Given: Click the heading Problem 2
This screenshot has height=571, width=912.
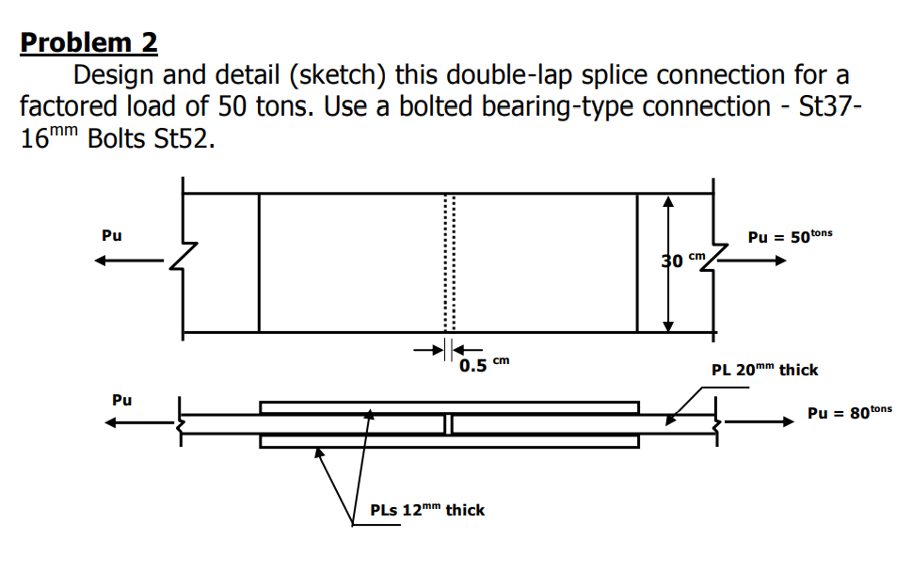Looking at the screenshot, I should [88, 42].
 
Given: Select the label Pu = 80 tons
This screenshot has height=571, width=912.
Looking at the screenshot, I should [849, 412].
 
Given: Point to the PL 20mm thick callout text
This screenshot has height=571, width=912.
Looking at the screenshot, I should [764, 370].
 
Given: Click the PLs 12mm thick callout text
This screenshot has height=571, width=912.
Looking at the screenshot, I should [427, 510].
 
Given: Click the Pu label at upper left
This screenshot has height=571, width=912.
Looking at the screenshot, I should [111, 235].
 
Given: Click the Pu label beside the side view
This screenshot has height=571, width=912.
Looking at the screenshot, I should [121, 400].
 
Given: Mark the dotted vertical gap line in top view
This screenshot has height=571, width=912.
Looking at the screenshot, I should [449, 263].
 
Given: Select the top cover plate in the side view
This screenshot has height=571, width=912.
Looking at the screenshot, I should [449, 407].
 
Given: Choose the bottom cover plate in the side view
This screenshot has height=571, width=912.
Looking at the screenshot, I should [449, 441].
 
